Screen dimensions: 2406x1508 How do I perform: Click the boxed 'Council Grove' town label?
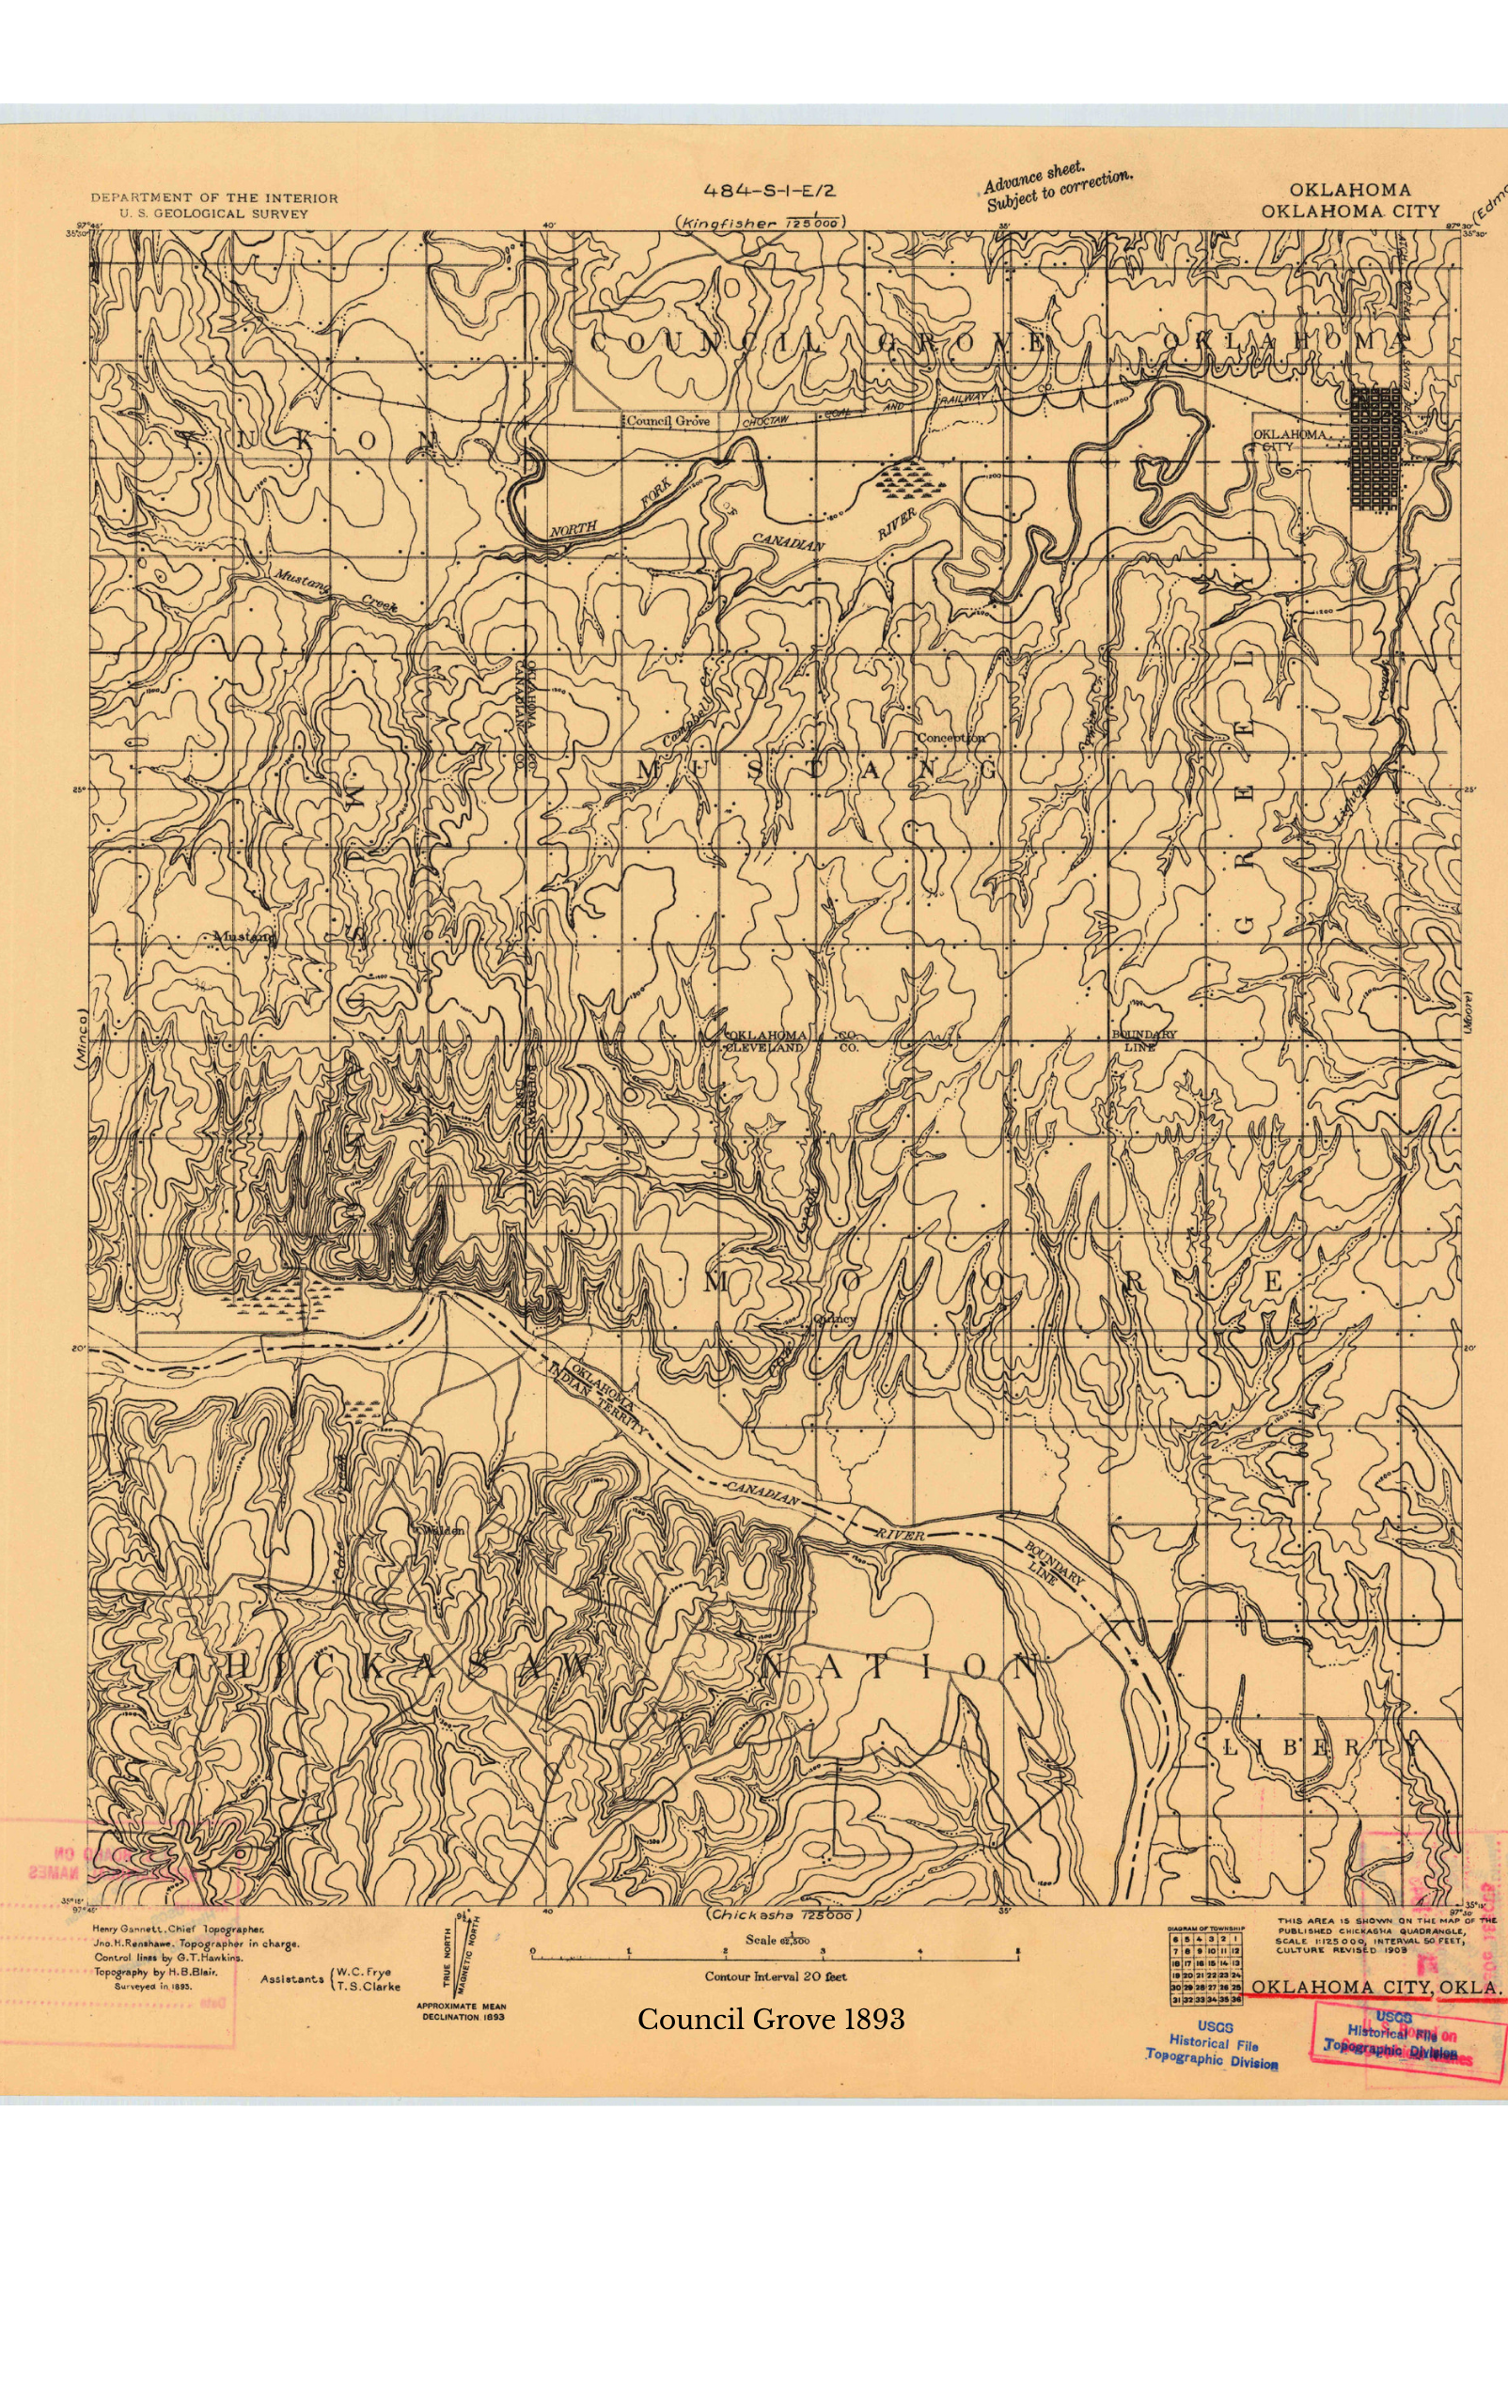(x=668, y=421)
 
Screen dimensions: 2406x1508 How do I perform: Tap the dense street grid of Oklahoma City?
(x=1374, y=449)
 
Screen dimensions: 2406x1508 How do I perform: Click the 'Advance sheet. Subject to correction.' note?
(x=1057, y=190)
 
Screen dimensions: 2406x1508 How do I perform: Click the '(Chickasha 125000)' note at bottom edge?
(x=783, y=1916)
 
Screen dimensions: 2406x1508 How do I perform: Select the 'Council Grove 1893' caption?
(x=771, y=2019)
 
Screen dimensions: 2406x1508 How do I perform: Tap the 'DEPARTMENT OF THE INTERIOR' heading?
(x=214, y=198)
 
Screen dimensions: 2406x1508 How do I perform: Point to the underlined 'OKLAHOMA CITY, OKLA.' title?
(x=1375, y=1987)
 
